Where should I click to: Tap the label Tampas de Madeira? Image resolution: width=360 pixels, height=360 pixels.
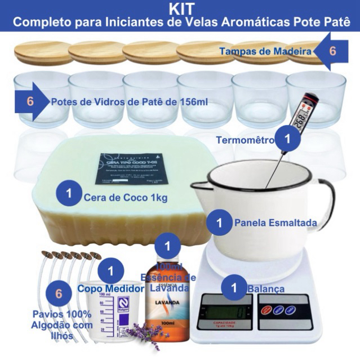[265, 52]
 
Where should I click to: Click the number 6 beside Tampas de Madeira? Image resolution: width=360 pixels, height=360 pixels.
[332, 51]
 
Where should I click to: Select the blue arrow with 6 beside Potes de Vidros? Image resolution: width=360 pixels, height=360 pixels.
[33, 102]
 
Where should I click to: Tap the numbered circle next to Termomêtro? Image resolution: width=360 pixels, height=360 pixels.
[288, 137]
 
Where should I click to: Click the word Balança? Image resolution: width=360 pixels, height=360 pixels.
[265, 289]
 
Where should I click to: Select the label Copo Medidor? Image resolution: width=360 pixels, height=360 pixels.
[104, 288]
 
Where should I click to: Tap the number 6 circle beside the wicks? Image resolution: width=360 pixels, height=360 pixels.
[58, 294]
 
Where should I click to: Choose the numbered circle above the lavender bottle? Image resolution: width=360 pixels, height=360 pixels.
[167, 246]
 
